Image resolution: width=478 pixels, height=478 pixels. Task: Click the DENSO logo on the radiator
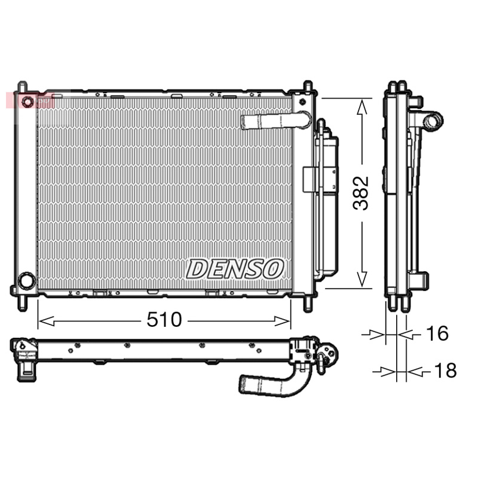234,269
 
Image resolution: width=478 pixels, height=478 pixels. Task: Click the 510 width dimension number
164,320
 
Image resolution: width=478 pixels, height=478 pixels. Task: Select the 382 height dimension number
361,193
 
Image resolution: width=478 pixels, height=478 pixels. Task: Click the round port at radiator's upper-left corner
27,101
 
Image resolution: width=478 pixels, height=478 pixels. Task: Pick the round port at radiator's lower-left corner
26,280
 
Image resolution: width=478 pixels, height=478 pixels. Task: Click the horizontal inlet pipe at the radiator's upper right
272,122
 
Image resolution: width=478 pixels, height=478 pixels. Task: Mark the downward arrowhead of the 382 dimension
361,279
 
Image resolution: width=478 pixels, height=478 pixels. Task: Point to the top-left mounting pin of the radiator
22,86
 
